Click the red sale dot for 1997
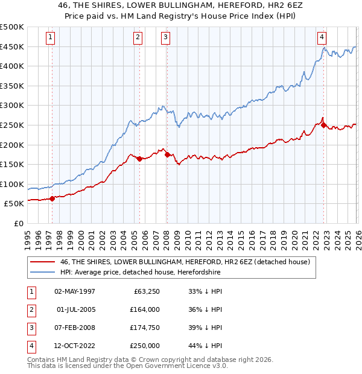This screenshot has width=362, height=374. (52, 198)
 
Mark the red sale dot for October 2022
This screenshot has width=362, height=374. (324, 125)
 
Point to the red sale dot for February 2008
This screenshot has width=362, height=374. (167, 154)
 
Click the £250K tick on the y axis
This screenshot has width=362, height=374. (13, 125)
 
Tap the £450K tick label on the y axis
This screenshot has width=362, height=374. (13, 46)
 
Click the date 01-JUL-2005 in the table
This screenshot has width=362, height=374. (75, 309)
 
